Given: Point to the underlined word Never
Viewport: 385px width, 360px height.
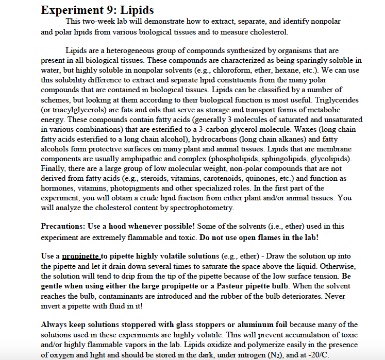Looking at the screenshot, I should [x=335, y=296].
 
